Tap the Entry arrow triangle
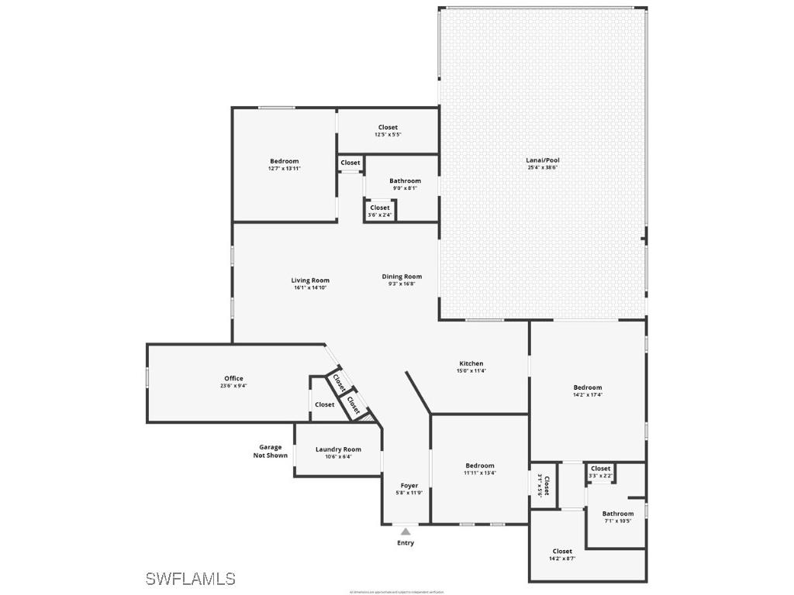click(x=406, y=531)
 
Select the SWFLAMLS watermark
click(x=190, y=579)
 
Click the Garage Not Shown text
click(x=270, y=451)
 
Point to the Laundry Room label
click(x=338, y=449)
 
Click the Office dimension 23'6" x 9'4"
click(x=233, y=386)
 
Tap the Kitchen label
click(x=471, y=363)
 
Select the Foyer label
click(x=409, y=486)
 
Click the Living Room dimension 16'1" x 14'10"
click(x=310, y=287)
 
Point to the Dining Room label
click(x=402, y=277)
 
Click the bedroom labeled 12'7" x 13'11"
click(x=284, y=164)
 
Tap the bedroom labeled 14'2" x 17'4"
click(x=587, y=390)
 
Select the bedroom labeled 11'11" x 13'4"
click(x=480, y=469)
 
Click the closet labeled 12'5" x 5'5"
click(x=388, y=130)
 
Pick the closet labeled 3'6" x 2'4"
click(x=380, y=211)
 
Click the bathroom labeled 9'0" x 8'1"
click(x=405, y=184)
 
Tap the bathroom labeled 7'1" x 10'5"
click(x=618, y=517)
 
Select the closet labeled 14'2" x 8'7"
click(x=562, y=554)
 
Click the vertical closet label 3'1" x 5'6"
click(x=544, y=485)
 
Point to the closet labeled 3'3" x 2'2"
click(x=600, y=471)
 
